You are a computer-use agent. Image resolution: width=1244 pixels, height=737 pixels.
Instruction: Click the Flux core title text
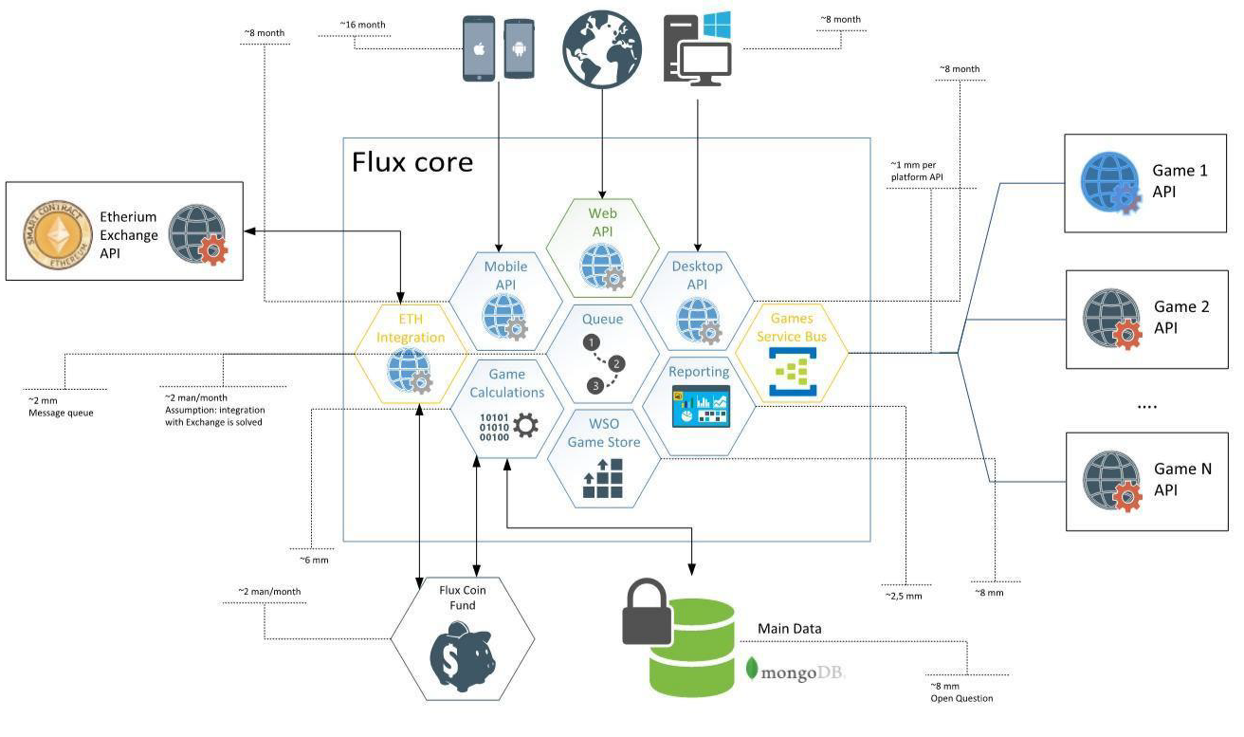click(x=412, y=162)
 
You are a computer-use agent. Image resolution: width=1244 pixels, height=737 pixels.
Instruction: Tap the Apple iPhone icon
click(x=479, y=48)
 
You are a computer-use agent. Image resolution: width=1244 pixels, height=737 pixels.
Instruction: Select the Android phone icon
click(x=518, y=48)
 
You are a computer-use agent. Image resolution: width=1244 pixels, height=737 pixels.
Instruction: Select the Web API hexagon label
click(x=602, y=224)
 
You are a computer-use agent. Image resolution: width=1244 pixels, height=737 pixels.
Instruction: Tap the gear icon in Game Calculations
click(x=524, y=425)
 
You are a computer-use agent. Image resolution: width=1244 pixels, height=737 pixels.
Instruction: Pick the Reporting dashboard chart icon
click(x=701, y=406)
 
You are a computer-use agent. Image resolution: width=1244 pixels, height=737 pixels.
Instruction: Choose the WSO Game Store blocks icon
click(x=602, y=479)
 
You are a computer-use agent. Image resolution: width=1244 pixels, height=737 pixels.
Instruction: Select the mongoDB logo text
click(x=802, y=672)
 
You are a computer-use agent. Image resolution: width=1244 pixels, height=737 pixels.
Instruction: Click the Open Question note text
click(x=961, y=698)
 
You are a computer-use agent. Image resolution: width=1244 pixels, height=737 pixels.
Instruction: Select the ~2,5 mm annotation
click(x=904, y=596)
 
